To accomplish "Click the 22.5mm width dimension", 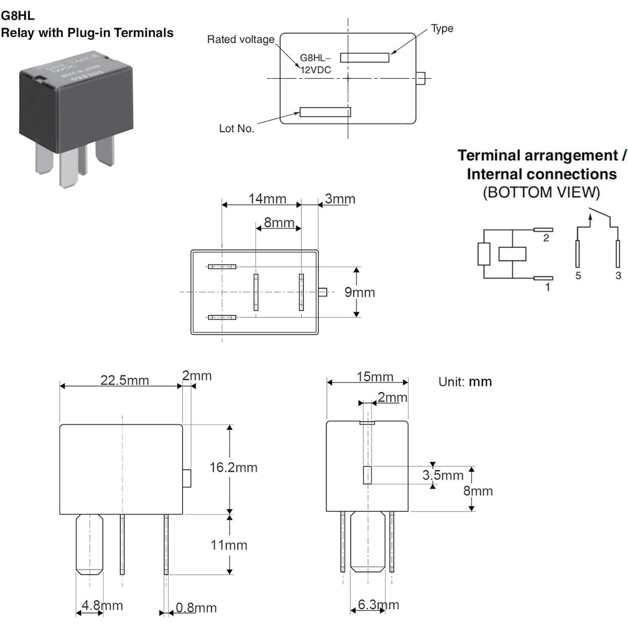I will click(125, 380).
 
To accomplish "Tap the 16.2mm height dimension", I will click(233, 467).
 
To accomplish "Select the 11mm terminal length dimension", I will click(228, 545).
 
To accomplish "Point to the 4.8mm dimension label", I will click(102, 605).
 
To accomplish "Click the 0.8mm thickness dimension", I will click(196, 607).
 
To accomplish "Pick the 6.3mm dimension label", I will click(378, 605).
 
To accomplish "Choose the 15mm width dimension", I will click(374, 377).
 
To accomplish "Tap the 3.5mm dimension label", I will click(443, 475).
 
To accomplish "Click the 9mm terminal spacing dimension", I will click(359, 292).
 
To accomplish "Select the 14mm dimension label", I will click(267, 199).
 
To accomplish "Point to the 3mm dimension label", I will click(340, 199).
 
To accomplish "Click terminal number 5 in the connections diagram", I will click(578, 275).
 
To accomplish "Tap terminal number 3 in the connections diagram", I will click(618, 275).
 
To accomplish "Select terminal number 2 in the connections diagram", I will click(546, 238).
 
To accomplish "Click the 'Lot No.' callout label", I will click(236, 128).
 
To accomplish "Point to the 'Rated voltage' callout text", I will click(241, 39).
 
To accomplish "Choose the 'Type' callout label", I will click(442, 29).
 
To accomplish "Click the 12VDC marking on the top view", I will click(316, 70).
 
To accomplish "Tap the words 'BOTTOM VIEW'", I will click(541, 192).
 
